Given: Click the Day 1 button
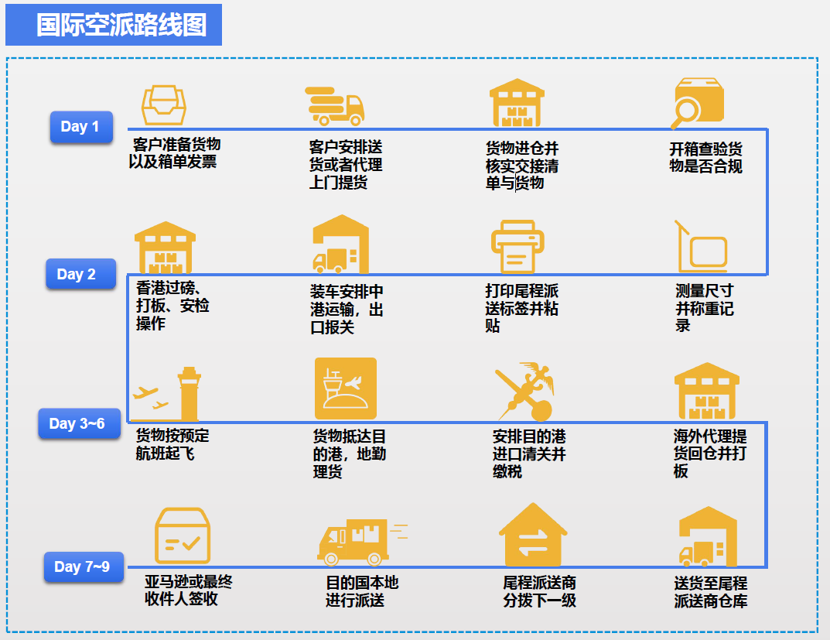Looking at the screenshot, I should click(x=80, y=127).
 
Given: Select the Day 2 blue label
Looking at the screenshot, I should click(x=77, y=274).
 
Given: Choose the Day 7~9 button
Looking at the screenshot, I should click(x=82, y=567).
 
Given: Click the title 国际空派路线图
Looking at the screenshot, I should click(x=121, y=25).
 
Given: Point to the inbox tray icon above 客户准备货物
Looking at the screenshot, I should click(x=164, y=104).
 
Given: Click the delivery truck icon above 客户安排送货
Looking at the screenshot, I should click(x=335, y=105).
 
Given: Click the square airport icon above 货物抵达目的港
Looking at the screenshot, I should click(x=345, y=388).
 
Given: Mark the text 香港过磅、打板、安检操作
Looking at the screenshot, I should click(x=171, y=306).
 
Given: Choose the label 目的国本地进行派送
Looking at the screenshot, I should click(x=361, y=591).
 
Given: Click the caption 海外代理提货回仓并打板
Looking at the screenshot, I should click(x=709, y=453).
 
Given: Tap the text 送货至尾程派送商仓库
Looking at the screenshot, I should click(x=710, y=592).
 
